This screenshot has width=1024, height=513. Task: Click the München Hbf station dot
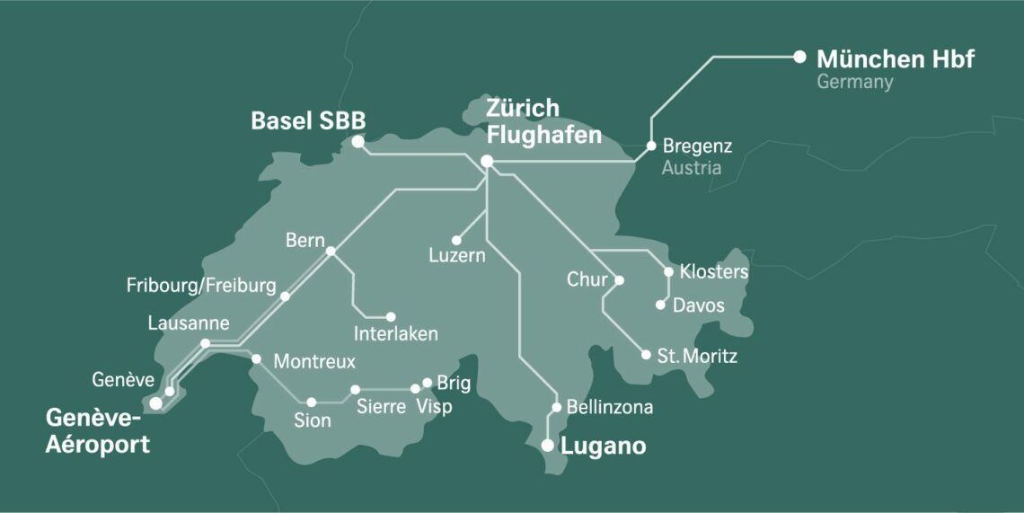coord(799,57)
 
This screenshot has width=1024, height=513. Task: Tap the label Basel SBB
coord(308,120)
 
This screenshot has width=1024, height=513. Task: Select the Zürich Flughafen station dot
coord(487,162)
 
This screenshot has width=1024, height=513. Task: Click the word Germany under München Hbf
coord(854,83)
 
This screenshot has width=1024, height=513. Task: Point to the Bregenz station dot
coord(651,145)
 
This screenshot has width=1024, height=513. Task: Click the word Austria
coord(691,168)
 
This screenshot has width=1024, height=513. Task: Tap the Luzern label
coord(456,256)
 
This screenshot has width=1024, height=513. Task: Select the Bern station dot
coord(331,252)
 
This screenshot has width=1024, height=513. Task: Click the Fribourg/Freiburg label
coord(201,287)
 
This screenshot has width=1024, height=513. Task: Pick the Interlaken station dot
coord(391,316)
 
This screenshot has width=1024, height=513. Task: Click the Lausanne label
coord(189,323)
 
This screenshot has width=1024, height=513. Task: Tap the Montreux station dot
coord(256,359)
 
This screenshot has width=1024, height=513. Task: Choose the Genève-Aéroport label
coord(97,432)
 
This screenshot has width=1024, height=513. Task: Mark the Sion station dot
coord(312,402)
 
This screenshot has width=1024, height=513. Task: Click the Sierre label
coord(381,407)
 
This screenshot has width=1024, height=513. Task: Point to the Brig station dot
coord(428,383)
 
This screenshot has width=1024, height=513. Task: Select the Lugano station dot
coord(548,445)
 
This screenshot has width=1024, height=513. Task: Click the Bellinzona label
coord(610,408)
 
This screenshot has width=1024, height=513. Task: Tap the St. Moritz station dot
coord(646,355)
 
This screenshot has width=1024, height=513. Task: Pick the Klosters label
coord(714,271)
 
